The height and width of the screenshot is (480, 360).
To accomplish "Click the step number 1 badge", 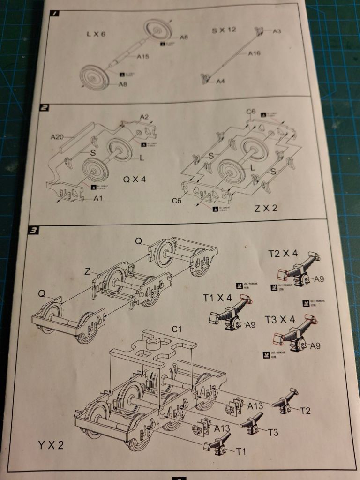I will [55, 14].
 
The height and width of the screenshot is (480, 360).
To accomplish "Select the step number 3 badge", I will [34, 230].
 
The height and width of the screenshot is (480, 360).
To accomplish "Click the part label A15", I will [143, 57].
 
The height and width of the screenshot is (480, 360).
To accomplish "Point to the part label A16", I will [254, 53].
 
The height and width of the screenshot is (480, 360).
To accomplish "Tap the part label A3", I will [277, 31].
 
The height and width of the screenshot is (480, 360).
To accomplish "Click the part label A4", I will [221, 82].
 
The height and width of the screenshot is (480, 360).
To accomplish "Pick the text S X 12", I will [224, 30].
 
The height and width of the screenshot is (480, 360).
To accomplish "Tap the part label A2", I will [144, 117].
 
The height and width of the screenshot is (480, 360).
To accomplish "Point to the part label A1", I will [98, 198].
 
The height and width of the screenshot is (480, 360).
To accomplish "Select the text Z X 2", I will [266, 208].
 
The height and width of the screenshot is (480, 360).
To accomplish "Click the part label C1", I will [176, 329].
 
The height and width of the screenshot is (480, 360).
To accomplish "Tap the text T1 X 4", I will [217, 298].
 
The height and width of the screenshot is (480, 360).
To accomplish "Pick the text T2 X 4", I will [283, 254].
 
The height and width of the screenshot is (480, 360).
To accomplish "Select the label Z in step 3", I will [87, 270].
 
